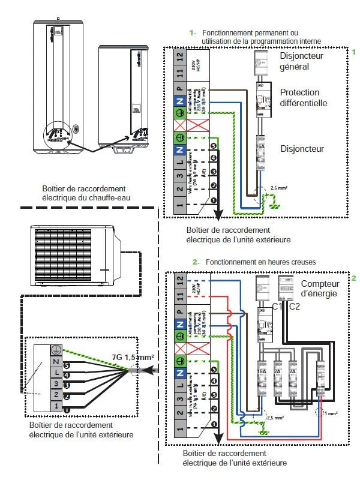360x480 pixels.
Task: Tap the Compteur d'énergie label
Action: click(320, 288)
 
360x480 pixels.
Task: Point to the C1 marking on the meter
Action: click(277, 307)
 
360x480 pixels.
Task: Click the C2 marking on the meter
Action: click(295, 307)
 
